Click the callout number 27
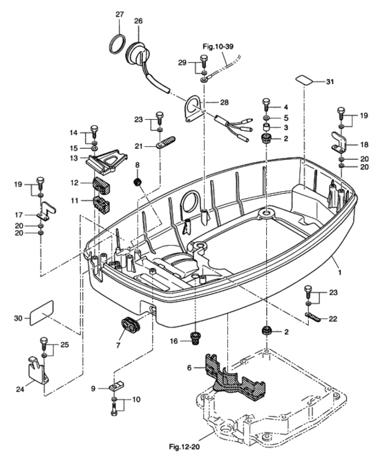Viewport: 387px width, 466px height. click(119, 15)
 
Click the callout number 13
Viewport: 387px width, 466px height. click(73, 158)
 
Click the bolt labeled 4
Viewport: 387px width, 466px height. click(265, 107)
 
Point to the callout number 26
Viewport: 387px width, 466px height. click(138, 21)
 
